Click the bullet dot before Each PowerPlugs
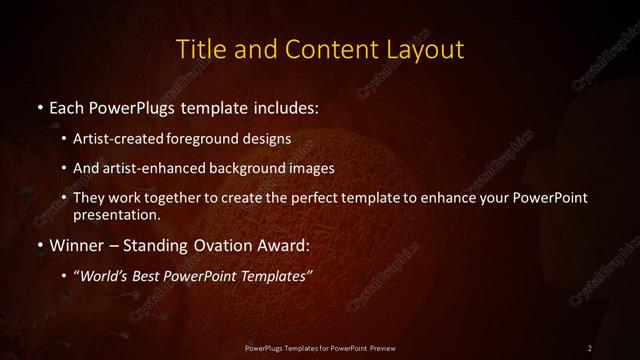point(38,105)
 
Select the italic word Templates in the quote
point(275,277)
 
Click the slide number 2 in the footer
point(590,347)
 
